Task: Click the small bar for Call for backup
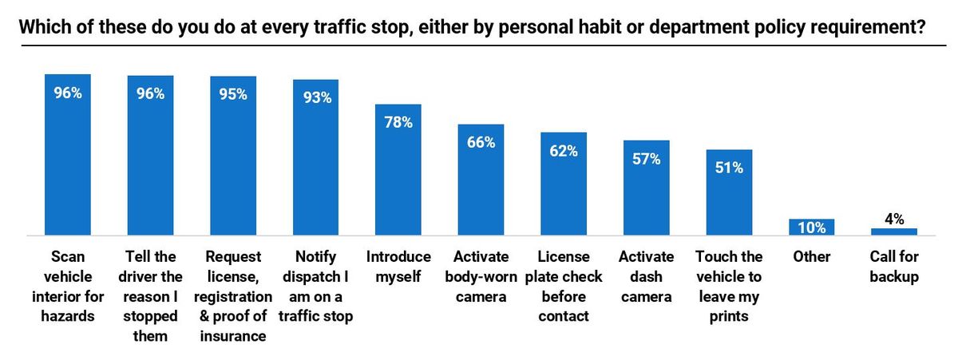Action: [x=894, y=231]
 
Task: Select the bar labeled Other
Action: [x=812, y=227]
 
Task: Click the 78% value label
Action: [x=398, y=122]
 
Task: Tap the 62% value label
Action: [x=564, y=150]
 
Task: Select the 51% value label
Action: [x=729, y=168]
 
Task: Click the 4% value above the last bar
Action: [x=894, y=219]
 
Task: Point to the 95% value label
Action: [x=233, y=93]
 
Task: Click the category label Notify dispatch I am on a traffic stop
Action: [x=315, y=286]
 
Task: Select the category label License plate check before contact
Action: [x=564, y=286]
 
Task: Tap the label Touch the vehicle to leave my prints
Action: [x=729, y=286]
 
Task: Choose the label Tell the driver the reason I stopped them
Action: [x=151, y=295]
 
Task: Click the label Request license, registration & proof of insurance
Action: [x=233, y=295]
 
